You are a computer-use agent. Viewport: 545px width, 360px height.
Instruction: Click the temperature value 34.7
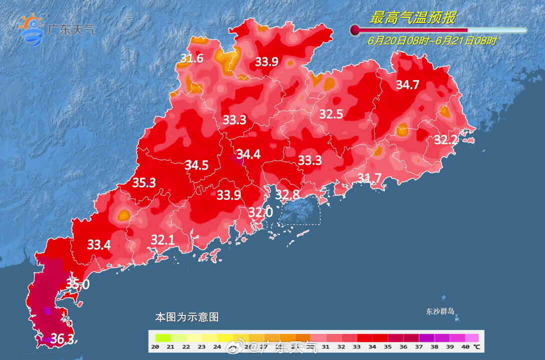tap(407, 85)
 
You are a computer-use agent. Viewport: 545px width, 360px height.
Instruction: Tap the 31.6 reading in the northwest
tap(192, 59)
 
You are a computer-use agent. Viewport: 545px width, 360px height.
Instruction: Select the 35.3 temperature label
tap(144, 183)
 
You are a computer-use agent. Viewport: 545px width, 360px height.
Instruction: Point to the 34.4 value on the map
tap(248, 154)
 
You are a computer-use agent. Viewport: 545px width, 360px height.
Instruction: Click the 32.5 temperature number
tap(331, 114)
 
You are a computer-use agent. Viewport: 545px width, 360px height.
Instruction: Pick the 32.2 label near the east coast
tap(445, 140)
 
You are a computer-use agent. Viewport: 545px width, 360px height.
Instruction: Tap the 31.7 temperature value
tap(369, 177)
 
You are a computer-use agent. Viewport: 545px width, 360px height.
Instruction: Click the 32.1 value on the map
tap(162, 240)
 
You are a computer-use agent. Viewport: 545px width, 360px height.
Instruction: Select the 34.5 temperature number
tap(196, 165)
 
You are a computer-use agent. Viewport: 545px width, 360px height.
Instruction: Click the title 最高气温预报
tap(412, 18)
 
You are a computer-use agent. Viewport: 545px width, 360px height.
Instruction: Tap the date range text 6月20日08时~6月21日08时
tap(432, 41)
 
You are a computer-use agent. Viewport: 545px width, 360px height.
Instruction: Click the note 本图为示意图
tap(186, 317)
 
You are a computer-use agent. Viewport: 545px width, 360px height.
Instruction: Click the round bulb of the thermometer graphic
tap(355, 30)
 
